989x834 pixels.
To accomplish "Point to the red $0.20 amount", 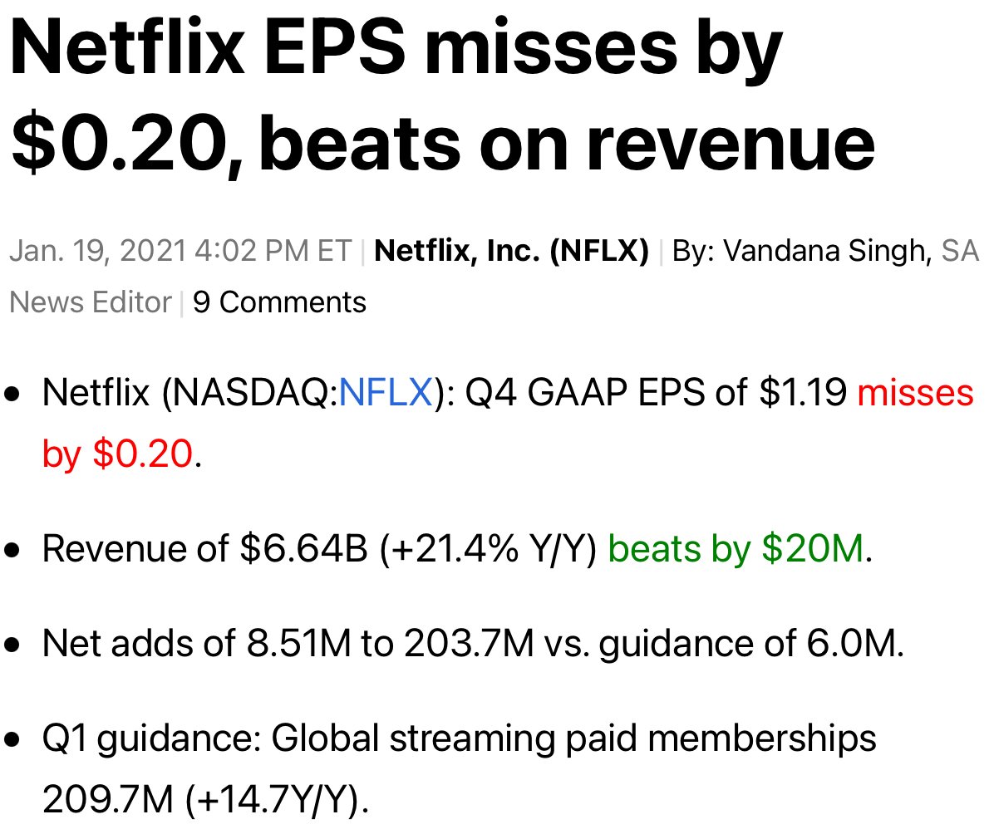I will tap(142, 454).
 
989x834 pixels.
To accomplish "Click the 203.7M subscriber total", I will tap(468, 644).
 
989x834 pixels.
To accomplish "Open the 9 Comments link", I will tap(279, 302).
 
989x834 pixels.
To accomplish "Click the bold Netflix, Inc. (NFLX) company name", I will tap(512, 251).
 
